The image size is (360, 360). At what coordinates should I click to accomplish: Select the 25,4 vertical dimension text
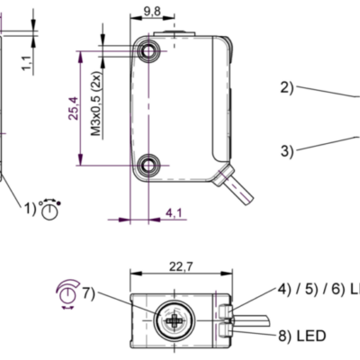pos(76,110)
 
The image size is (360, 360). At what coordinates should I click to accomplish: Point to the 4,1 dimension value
pos(174,212)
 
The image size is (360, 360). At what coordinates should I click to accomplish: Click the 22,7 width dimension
pos(181,265)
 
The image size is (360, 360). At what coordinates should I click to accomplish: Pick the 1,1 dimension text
pos(27,61)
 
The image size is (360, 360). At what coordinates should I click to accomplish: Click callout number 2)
pos(287,87)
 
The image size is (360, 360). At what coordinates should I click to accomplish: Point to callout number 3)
pos(287,151)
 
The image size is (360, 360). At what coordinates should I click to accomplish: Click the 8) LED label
pos(301,337)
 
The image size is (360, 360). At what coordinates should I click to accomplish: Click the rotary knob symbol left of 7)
pos(67,292)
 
